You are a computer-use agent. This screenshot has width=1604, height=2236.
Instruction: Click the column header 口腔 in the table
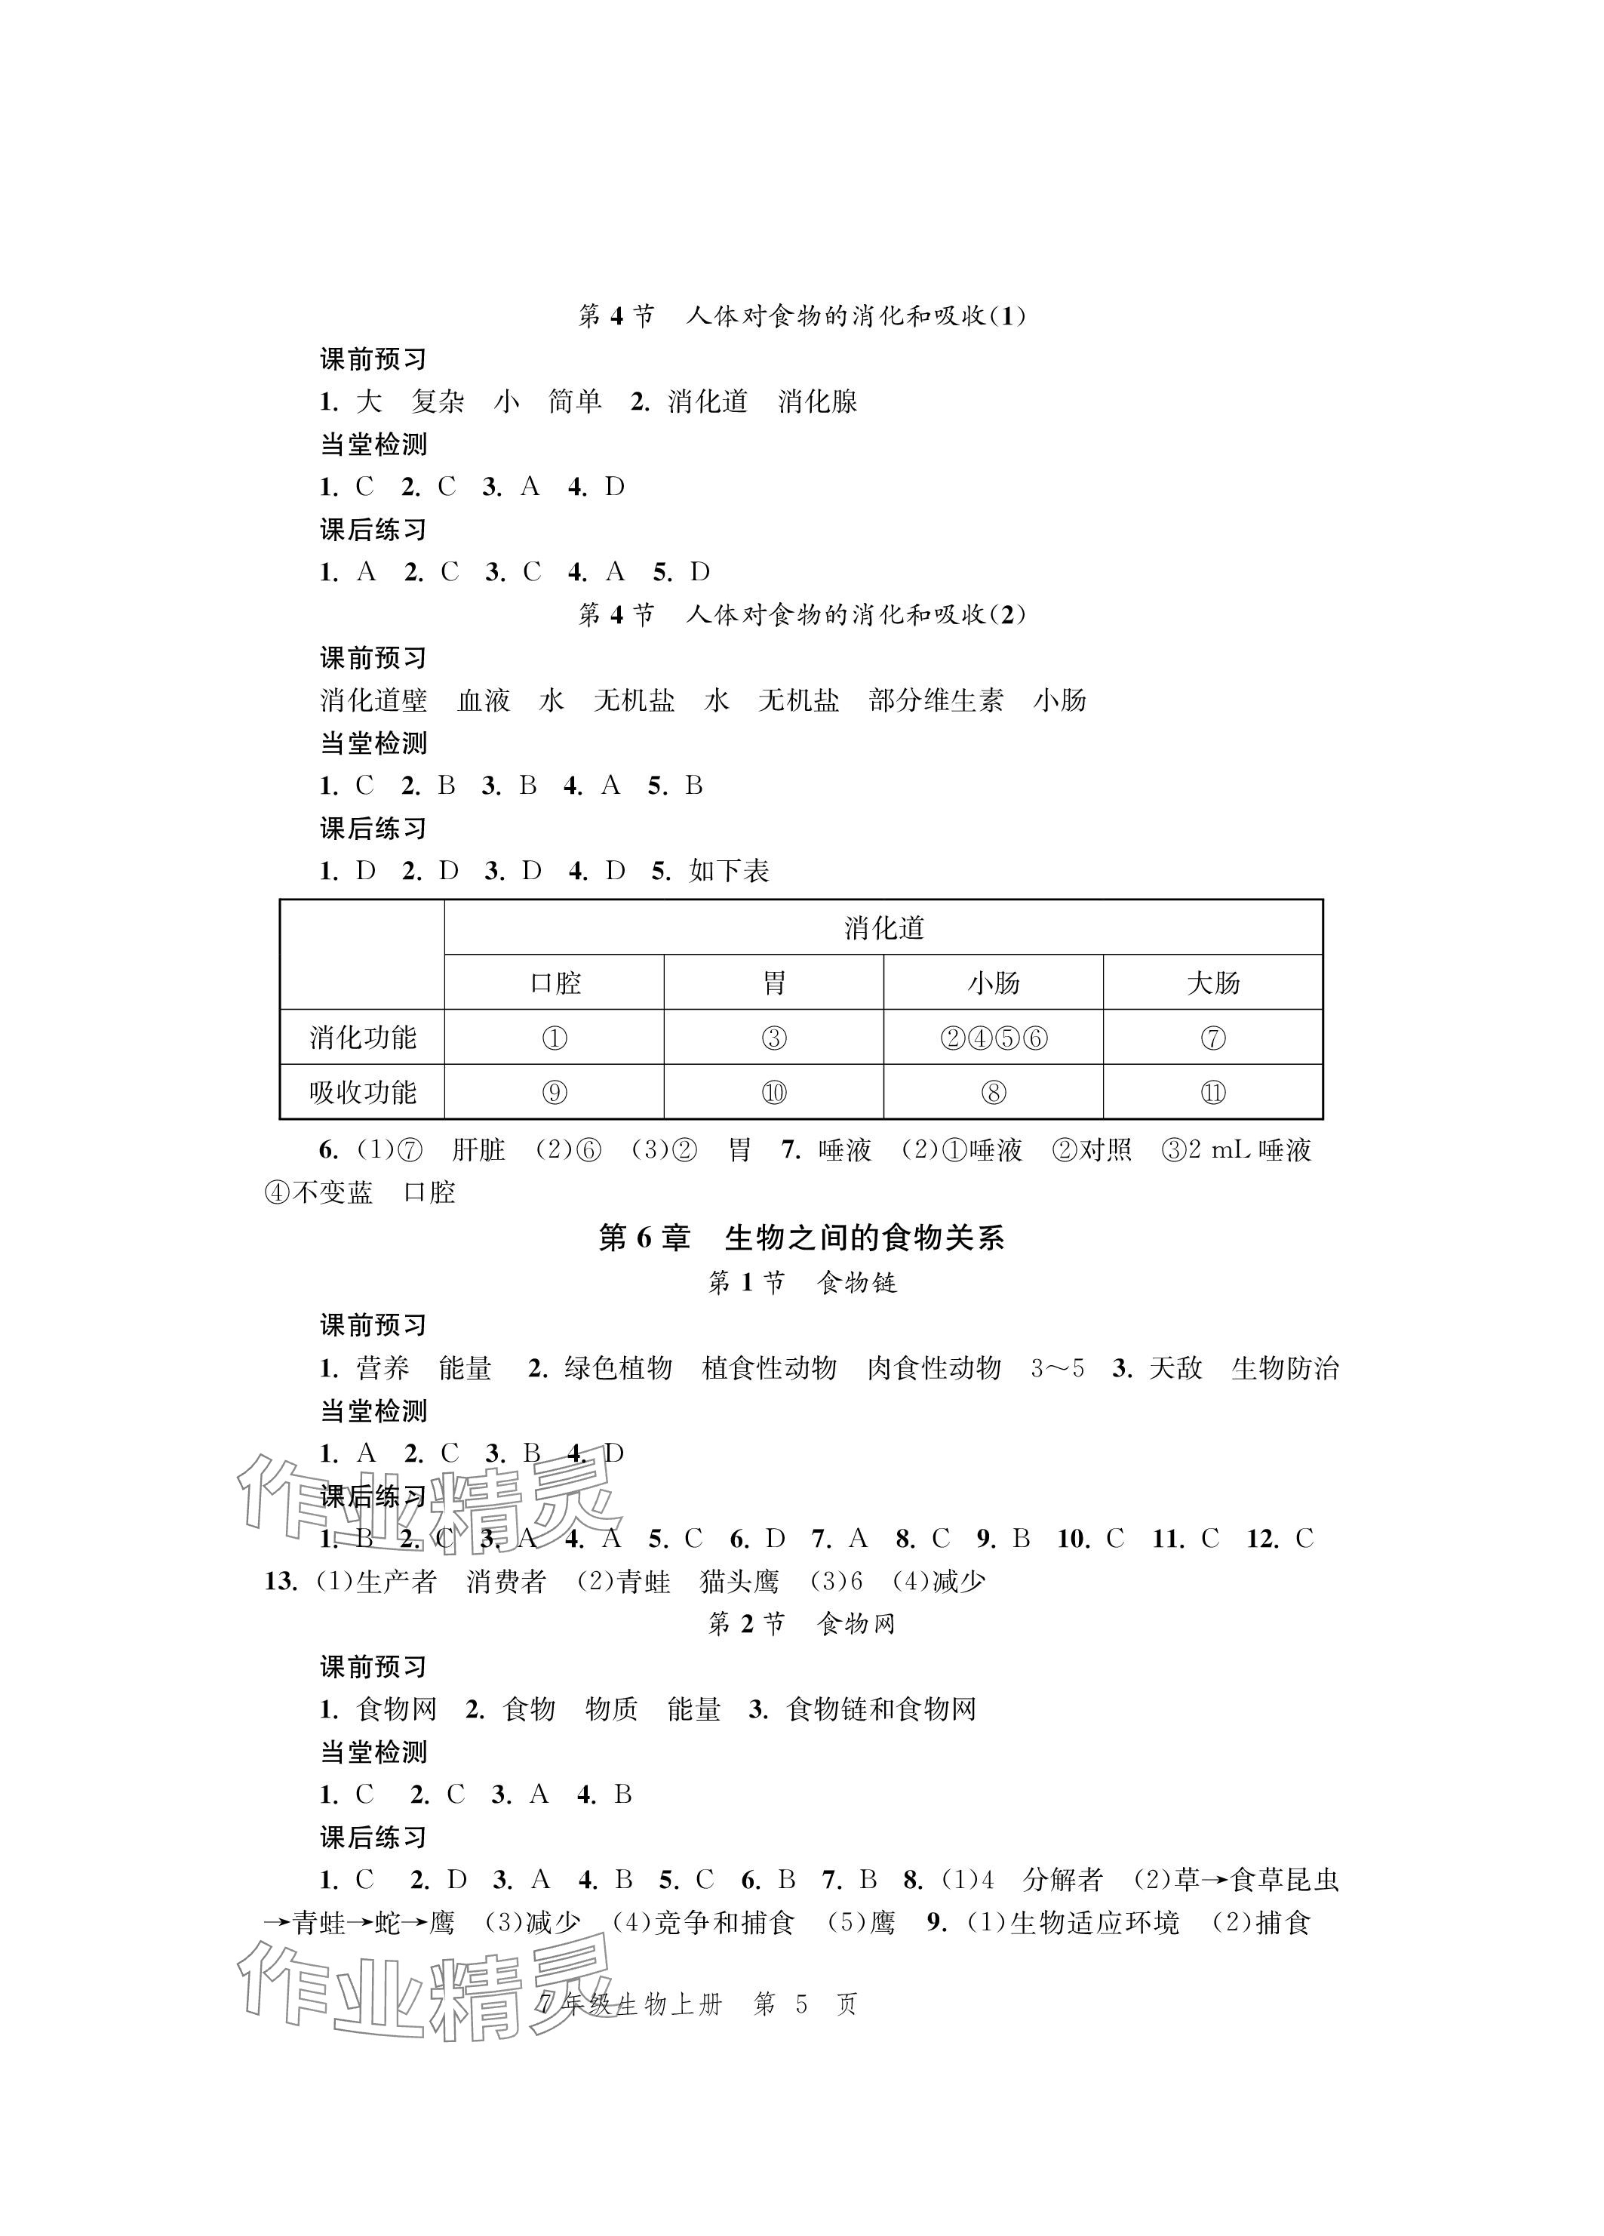click(555, 983)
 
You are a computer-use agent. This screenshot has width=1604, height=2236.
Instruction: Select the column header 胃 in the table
click(774, 983)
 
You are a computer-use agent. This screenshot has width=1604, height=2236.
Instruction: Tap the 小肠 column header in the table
click(993, 983)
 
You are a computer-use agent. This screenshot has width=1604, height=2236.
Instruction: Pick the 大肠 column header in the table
click(1212, 983)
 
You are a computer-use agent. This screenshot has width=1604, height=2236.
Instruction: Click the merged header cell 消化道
click(883, 927)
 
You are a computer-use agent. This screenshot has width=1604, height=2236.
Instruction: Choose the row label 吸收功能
click(363, 1093)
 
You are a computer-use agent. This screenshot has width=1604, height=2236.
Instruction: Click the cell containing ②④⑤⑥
click(993, 1038)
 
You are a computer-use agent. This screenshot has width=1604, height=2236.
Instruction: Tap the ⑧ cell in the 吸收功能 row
click(993, 1093)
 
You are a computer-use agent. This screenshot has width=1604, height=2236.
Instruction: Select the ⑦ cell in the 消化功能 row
click(1212, 1038)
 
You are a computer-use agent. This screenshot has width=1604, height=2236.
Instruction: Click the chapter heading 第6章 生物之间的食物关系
click(800, 1238)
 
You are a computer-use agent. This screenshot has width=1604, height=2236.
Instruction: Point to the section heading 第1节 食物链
click(801, 1283)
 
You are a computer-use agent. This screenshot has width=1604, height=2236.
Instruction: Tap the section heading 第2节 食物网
click(801, 1624)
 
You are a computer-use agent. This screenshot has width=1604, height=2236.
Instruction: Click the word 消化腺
click(817, 401)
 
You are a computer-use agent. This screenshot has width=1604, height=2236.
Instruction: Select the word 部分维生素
click(936, 700)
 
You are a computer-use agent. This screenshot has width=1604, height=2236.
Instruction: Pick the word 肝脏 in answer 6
click(478, 1149)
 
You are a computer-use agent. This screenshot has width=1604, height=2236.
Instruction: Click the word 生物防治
click(1285, 1368)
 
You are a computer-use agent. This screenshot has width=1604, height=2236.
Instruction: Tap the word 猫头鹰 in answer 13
click(739, 1582)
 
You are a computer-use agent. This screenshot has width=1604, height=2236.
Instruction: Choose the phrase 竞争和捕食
click(724, 1924)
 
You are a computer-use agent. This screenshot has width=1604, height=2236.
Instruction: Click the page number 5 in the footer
click(800, 2004)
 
